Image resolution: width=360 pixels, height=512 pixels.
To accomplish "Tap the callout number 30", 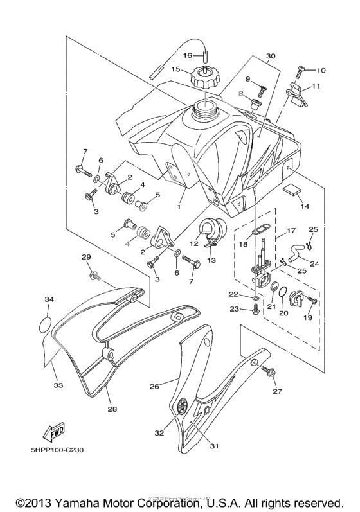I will pyautogui.click(x=270, y=56).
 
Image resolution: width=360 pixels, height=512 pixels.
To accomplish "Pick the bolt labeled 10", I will pyautogui.click(x=301, y=71).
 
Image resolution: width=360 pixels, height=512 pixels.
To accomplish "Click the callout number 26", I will pyautogui.click(x=154, y=386).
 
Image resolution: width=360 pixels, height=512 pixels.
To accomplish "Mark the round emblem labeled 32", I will pyautogui.click(x=182, y=406).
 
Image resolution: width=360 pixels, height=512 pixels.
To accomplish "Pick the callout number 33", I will pyautogui.click(x=58, y=385).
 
